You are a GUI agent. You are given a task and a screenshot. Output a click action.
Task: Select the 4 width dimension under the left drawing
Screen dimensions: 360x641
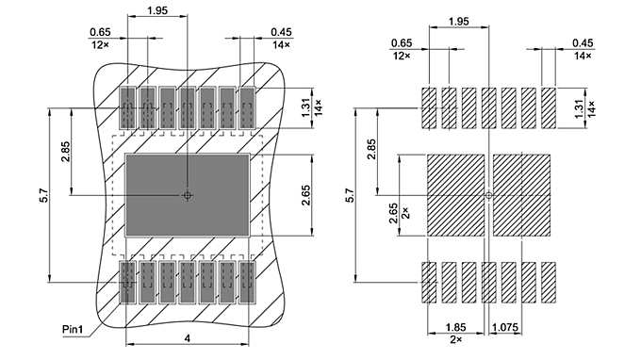[x=188, y=338]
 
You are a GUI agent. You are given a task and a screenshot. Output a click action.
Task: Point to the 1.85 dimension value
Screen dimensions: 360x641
[x=456, y=329]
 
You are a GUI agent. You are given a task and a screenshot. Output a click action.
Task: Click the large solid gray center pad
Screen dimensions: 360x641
[x=188, y=196]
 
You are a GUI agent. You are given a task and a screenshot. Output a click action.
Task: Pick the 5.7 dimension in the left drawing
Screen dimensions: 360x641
[x=43, y=196]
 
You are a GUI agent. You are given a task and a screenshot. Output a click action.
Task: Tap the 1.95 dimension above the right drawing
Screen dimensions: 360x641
[x=458, y=20]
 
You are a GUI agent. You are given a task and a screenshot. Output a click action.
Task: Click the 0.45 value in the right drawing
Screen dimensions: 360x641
[x=583, y=42]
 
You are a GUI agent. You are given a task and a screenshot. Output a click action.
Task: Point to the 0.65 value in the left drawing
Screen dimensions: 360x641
[x=100, y=32]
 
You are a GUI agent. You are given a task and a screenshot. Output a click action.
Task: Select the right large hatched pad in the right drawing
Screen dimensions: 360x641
[x=521, y=196]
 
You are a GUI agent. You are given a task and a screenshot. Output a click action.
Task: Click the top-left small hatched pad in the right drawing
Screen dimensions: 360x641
[x=429, y=108]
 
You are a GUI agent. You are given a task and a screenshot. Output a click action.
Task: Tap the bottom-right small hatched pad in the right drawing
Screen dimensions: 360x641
[x=549, y=282]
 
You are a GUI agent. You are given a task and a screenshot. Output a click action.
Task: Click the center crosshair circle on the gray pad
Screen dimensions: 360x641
[x=188, y=196]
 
